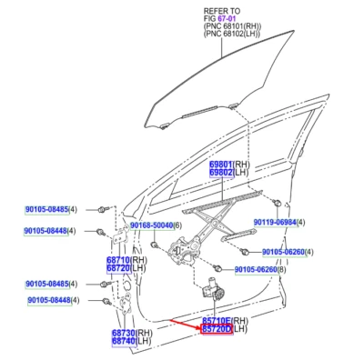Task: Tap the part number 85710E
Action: coord(217,321)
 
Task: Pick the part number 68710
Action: coord(121,259)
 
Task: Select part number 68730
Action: coord(126,334)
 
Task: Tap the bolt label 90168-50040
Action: coord(150,225)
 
